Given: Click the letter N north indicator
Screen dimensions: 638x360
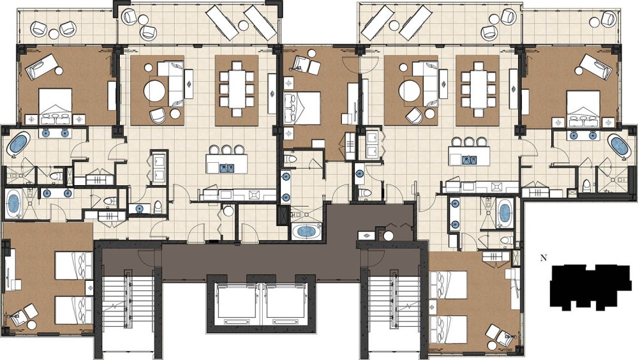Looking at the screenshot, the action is tap(543, 258).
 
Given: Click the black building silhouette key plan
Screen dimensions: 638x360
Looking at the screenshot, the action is tap(590, 287).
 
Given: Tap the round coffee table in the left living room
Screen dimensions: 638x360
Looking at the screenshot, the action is tap(155, 91).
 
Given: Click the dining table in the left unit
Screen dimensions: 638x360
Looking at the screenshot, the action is tap(237, 88).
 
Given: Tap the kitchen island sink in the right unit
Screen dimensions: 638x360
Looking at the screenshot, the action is tap(469, 160).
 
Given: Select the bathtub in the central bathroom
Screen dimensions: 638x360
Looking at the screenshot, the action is tap(308, 232).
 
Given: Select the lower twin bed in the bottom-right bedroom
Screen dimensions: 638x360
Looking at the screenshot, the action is tap(448, 329).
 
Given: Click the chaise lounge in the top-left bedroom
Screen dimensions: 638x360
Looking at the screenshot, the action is tap(40, 68).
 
